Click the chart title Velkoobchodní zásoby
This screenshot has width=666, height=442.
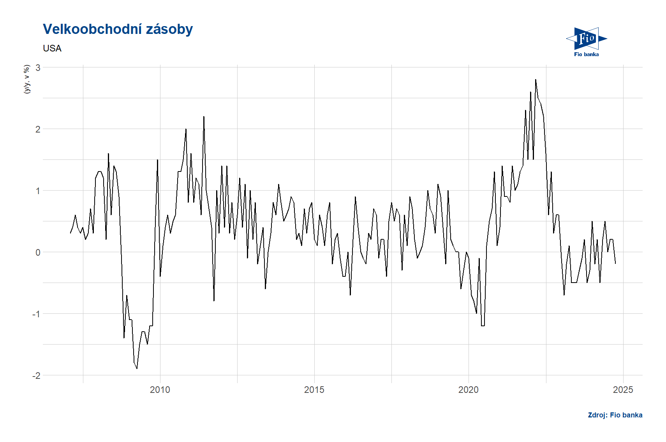click(118, 29)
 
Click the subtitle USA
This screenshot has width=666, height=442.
click(52, 48)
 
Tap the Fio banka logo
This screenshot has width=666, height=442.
click(586, 41)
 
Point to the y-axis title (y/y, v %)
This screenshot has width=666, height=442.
click(27, 80)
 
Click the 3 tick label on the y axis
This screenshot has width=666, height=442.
click(38, 67)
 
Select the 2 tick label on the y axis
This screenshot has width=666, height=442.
click(38, 129)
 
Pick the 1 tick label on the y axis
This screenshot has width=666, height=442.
click(38, 191)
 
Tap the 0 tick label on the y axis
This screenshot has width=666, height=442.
click(38, 252)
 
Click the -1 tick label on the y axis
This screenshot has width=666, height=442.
click(36, 314)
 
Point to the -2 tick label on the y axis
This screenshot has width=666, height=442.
click(36, 375)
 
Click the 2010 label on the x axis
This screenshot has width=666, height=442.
click(160, 390)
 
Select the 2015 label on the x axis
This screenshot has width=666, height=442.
click(314, 390)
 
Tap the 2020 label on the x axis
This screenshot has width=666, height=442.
click(469, 390)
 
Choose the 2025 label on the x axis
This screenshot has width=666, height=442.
click(623, 390)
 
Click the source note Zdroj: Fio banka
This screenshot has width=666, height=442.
click(615, 415)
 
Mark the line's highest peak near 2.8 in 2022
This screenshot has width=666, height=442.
click(536, 80)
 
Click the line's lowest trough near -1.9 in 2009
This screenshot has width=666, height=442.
click(137, 369)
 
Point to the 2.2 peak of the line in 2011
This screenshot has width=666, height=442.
click(204, 117)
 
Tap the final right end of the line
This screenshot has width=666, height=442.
click(615, 264)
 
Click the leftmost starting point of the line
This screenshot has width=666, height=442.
click(70, 233)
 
